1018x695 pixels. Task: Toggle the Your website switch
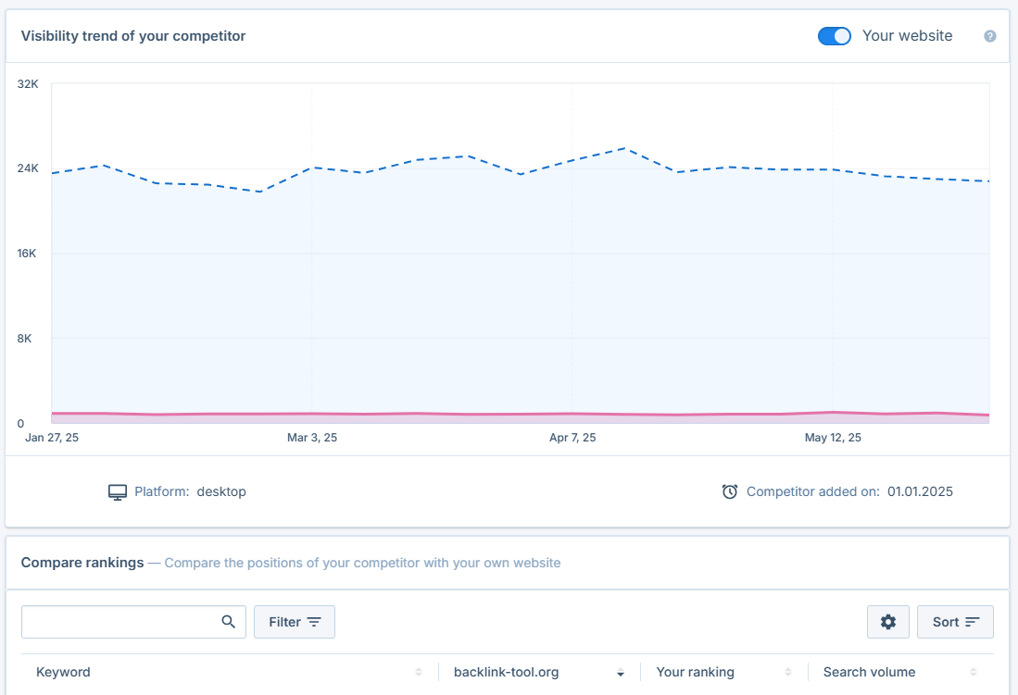(x=834, y=36)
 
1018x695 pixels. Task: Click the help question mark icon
(x=989, y=36)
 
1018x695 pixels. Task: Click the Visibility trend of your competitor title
(x=132, y=36)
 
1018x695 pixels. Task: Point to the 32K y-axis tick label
(x=28, y=84)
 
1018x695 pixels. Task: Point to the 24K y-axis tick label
(x=28, y=168)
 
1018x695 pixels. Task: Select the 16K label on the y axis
(x=28, y=254)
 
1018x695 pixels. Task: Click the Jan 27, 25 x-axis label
(x=52, y=438)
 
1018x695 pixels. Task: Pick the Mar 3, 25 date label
(x=312, y=438)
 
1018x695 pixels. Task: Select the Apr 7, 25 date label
(x=572, y=438)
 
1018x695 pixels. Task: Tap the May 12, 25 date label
(x=833, y=438)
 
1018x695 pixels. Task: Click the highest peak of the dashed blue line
(x=624, y=148)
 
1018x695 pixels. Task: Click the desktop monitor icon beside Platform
(x=117, y=492)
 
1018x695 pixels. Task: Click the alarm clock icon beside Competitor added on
(x=730, y=492)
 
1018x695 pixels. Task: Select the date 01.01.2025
(x=920, y=492)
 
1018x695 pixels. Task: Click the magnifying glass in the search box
(x=228, y=622)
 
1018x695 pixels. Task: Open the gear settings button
(x=888, y=622)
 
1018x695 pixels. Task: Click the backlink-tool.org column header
(x=507, y=673)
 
